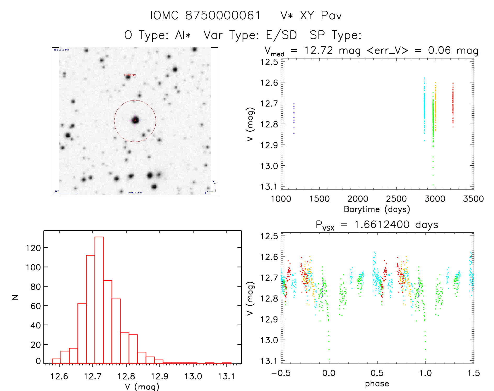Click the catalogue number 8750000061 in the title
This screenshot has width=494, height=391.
(223, 15)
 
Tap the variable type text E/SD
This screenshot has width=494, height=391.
(281, 35)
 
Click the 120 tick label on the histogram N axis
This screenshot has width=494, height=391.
(33, 248)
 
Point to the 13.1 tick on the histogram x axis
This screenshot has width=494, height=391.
(226, 376)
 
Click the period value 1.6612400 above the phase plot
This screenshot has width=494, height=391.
(382, 225)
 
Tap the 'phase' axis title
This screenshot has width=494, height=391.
(377, 384)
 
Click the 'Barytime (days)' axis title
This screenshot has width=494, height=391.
(377, 209)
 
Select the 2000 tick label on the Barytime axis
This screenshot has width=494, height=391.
(358, 199)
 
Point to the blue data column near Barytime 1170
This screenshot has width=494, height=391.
(294, 118)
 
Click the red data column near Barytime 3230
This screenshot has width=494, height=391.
(453, 105)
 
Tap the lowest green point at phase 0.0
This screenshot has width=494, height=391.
(329, 359)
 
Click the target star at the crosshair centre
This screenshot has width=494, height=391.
(135, 120)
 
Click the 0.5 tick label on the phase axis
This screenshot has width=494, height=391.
(377, 373)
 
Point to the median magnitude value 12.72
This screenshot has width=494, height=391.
(319, 50)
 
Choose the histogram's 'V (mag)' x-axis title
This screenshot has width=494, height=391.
(142, 387)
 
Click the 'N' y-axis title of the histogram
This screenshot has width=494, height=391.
(15, 297)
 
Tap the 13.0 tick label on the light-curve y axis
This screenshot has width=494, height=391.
(269, 166)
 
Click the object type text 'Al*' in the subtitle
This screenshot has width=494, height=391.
(183, 35)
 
